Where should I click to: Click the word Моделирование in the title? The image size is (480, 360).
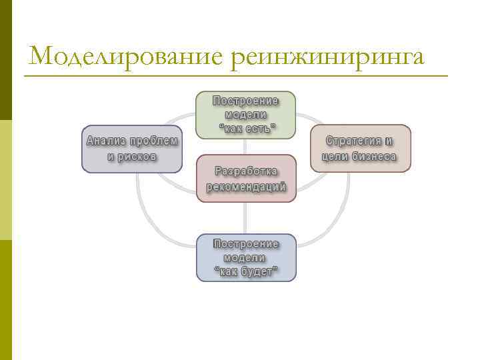[x=125, y=56]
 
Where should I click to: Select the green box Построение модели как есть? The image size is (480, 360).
[x=245, y=115]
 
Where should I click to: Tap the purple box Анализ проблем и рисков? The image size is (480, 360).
[x=132, y=149]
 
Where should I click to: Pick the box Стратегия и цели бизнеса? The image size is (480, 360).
[x=361, y=149]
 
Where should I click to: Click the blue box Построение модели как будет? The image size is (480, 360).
[x=246, y=257]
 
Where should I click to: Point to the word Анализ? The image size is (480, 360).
[x=106, y=141]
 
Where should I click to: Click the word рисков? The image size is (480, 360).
[x=141, y=157]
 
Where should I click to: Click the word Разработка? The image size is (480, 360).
[x=246, y=171]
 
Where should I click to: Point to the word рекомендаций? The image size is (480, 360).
[x=246, y=187]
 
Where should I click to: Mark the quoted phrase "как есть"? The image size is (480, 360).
[x=246, y=127]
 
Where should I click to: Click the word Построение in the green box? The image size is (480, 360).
[x=245, y=101]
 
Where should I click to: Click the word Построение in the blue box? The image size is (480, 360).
[x=246, y=244]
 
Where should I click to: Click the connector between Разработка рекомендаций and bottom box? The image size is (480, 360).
[x=246, y=218]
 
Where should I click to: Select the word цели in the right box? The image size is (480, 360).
[x=333, y=157]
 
